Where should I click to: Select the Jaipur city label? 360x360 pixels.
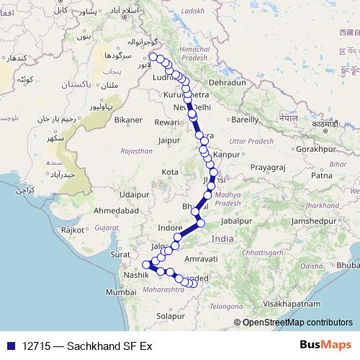[x=168, y=140]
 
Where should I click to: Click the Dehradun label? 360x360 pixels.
[x=228, y=83]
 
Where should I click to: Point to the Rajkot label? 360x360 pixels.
[x=73, y=230]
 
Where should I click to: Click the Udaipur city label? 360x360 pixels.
[x=135, y=194]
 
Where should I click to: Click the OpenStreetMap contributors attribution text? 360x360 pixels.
[x=297, y=323]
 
